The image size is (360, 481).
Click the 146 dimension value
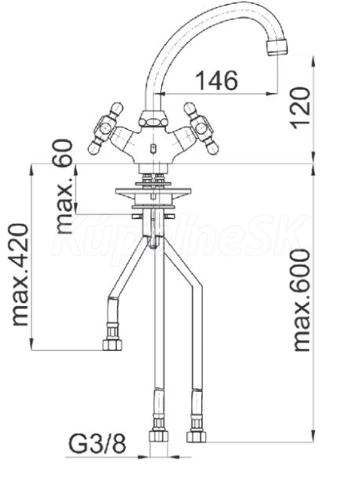coord(216,80)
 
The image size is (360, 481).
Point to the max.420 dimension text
coord(21,274)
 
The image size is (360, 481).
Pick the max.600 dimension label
coord(301,300)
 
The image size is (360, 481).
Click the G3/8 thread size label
coord(97,444)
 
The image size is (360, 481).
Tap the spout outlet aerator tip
coord(277,47)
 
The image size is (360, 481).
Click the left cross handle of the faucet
coord(106,128)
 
